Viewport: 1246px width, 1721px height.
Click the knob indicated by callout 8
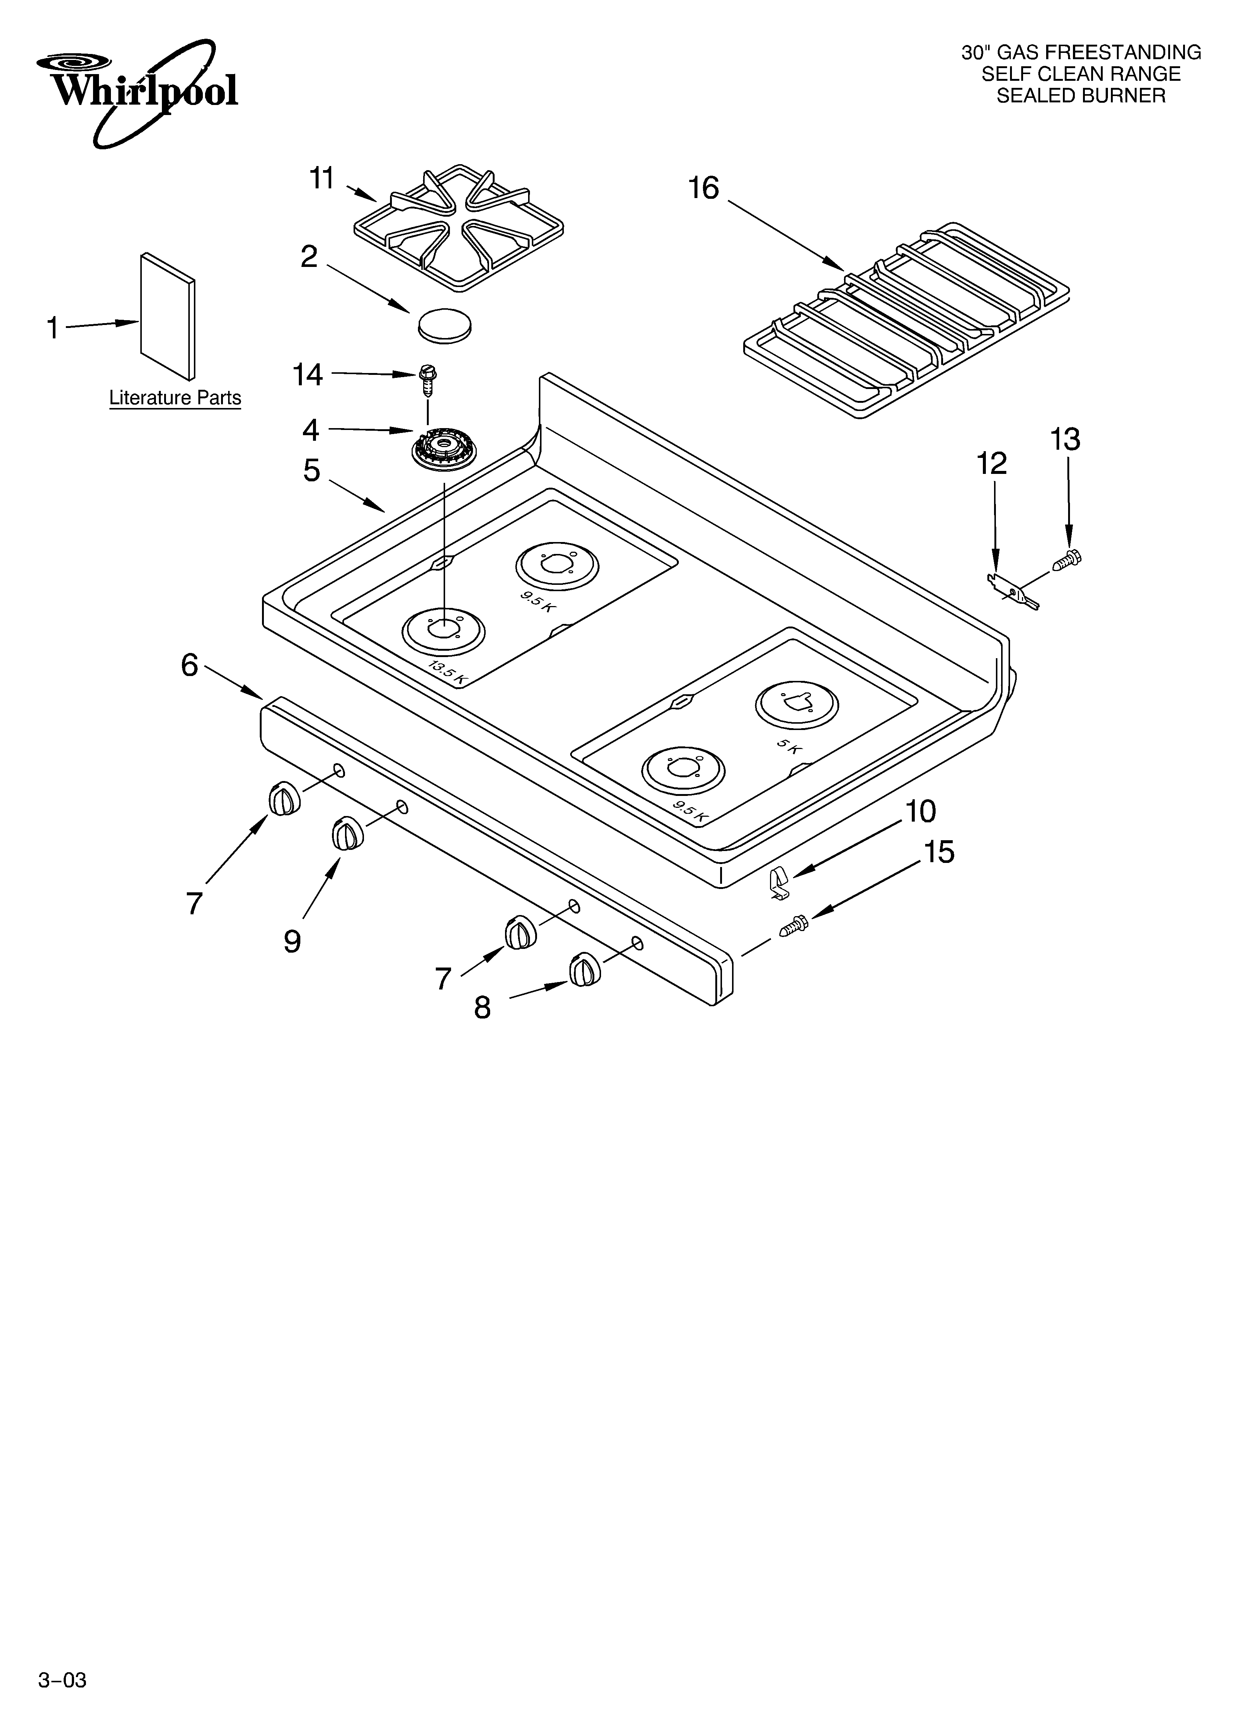pos(584,971)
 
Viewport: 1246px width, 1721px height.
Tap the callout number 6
pos(189,666)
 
